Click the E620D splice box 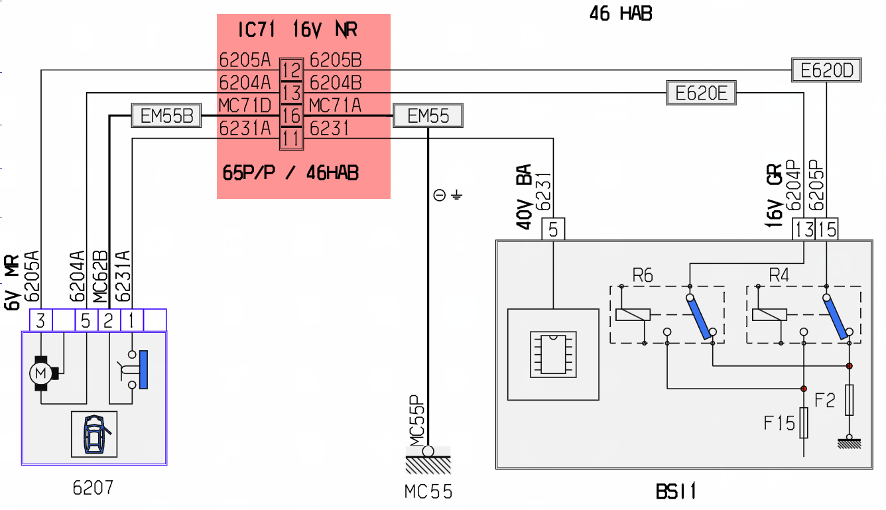coord(826,70)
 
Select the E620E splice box coord(701,93)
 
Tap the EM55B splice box coord(166,115)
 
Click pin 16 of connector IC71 coord(292,115)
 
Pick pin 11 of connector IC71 coord(292,139)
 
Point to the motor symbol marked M coord(40,373)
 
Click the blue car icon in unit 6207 coord(94,434)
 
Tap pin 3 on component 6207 coord(40,320)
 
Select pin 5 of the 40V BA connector coord(553,229)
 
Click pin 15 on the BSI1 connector coord(827,229)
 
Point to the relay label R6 coord(643,275)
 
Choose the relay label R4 coord(779,275)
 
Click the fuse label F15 coord(779,423)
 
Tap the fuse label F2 coord(825,400)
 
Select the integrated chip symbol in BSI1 coord(553,355)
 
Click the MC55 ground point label coord(428,492)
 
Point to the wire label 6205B coord(336,60)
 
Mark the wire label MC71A coord(335,105)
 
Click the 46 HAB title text coord(621,13)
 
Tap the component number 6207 coord(93,487)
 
